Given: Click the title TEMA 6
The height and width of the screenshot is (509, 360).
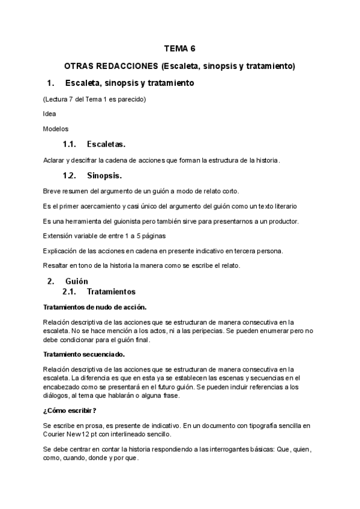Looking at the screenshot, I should click(x=180, y=50).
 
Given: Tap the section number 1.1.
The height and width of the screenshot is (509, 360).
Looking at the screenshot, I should click(x=70, y=145).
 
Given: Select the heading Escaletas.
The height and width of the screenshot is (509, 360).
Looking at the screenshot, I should click(x=106, y=145).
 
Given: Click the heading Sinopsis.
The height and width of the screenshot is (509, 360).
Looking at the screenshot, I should click(x=104, y=176).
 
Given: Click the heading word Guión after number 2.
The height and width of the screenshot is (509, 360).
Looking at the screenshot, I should click(x=78, y=281).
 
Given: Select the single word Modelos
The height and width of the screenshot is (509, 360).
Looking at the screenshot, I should click(x=56, y=128).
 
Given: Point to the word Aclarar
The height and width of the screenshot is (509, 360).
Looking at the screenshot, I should click(x=54, y=160).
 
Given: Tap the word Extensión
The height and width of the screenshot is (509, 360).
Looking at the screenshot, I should click(x=59, y=236).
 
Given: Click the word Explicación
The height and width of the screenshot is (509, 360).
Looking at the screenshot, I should click(x=63, y=251).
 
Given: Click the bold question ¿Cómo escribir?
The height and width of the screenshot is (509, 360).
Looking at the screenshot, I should click(x=70, y=411).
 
